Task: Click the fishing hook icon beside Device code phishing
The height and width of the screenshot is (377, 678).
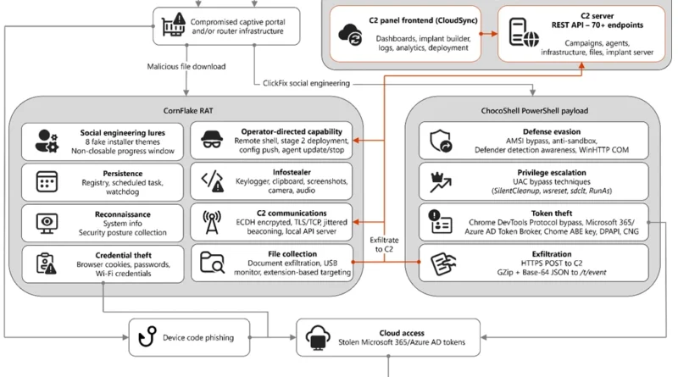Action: [x=147, y=337]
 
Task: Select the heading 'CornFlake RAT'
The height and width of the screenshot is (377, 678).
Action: [x=188, y=111]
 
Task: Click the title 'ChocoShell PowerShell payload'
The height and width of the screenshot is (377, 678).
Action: [x=535, y=111]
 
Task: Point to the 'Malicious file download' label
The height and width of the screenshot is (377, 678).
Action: [x=186, y=67]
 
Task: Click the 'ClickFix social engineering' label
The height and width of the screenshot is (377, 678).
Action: [x=306, y=83]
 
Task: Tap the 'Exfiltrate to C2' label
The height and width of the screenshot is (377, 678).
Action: [x=384, y=244]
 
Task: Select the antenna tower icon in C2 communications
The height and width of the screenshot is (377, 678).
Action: [x=211, y=222]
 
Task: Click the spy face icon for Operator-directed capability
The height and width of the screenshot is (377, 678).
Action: [x=212, y=140]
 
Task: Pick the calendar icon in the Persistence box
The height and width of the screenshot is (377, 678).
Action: [x=47, y=181]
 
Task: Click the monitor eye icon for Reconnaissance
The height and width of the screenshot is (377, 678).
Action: [x=47, y=223]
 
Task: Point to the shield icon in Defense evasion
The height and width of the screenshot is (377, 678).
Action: [x=441, y=141]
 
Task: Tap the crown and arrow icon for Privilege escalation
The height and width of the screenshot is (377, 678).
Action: [x=441, y=182]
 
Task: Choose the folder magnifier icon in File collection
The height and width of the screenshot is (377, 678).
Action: [x=212, y=263]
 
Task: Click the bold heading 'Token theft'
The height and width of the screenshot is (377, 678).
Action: [x=552, y=213]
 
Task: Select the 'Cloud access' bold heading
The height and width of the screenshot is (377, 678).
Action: [x=402, y=333]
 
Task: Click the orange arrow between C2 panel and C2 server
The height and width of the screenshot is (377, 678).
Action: [x=489, y=34]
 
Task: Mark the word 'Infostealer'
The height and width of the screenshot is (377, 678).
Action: [x=292, y=172]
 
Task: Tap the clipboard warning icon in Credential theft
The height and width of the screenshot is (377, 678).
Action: [x=47, y=263]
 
